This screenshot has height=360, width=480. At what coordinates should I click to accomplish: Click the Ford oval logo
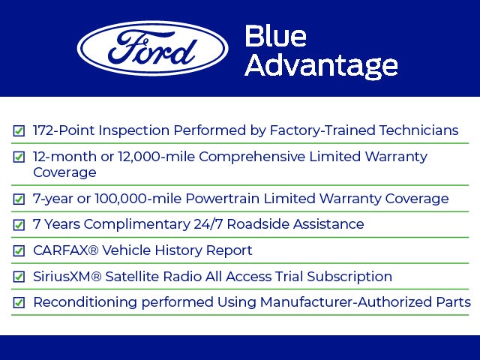point(153,48)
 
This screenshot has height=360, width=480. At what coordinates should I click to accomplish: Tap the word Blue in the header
point(275,37)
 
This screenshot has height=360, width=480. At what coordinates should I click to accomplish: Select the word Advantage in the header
point(321,66)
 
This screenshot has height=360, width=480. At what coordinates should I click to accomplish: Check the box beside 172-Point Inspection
point(19,130)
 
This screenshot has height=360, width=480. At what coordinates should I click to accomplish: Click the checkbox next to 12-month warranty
point(19,157)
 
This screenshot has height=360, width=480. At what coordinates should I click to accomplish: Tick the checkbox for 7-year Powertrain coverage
point(19,199)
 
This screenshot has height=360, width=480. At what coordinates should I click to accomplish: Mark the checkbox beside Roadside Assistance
point(19,225)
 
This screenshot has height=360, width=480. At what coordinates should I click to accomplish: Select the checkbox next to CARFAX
point(19,250)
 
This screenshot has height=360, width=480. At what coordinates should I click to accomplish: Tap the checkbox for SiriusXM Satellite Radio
point(19,277)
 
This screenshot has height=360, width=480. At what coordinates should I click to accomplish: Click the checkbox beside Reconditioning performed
point(19,303)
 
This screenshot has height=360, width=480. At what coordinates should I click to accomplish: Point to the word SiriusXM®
point(67,277)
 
